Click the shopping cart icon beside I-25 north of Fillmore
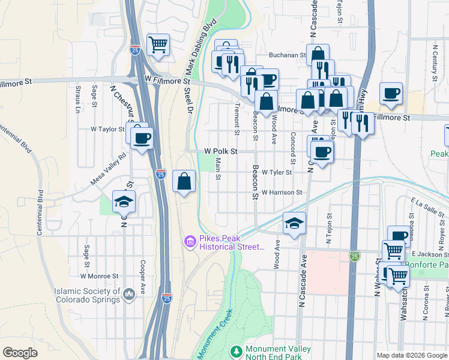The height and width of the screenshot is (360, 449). click(158, 44)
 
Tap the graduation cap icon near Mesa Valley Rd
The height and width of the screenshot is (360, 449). click(124, 202)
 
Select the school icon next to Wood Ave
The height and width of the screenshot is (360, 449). click(294, 223)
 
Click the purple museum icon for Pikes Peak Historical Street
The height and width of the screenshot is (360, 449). click(189, 242)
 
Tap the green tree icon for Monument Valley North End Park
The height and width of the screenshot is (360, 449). click(237, 350)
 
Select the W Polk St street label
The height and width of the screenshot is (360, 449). click(221, 152)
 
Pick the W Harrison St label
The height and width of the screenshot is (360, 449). click(282, 192)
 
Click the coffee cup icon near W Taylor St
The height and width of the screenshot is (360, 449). click(142, 139)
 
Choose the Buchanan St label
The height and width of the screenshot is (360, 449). click(288, 55)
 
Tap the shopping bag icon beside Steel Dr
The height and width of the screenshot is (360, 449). click(184, 181)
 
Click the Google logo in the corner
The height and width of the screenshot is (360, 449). click(20, 353)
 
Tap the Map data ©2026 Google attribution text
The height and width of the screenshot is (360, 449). click(411, 355)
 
